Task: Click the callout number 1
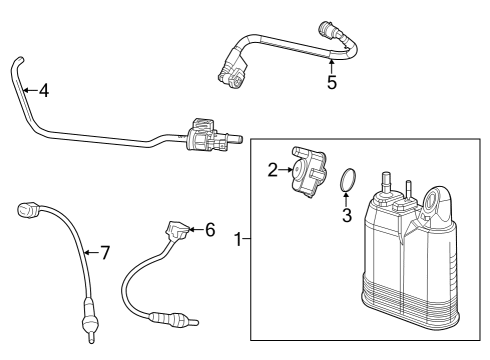[x=237, y=240]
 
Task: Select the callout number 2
[x=272, y=170]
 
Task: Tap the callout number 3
[x=347, y=214]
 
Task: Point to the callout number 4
[x=43, y=90]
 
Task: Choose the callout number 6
[x=209, y=230]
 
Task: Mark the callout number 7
[x=103, y=252]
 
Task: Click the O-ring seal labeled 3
[x=347, y=181]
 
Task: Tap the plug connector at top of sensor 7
[x=27, y=211]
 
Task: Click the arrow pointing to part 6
[x=196, y=231]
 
